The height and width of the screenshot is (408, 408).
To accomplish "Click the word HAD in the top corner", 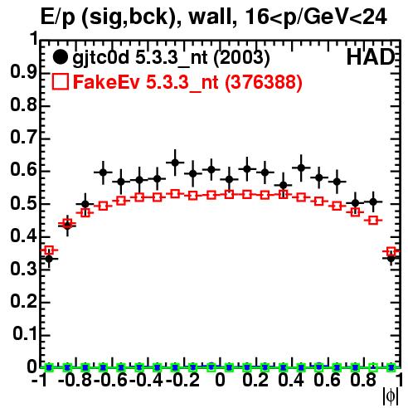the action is [x=371, y=57].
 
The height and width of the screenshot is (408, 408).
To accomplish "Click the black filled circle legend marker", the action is [x=60, y=57].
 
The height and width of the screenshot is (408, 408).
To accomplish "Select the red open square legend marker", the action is [x=60, y=82].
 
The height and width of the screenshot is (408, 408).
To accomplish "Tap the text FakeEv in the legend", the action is [x=106, y=82].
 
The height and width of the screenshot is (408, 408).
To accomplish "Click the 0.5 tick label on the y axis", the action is [x=23, y=204].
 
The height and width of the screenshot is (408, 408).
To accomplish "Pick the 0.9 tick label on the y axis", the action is [x=23, y=72].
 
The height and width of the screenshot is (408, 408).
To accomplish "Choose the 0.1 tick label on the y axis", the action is [x=25, y=335].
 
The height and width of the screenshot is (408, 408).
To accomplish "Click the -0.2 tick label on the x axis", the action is [x=182, y=380].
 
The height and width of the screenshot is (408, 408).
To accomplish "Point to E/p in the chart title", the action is [x=57, y=18].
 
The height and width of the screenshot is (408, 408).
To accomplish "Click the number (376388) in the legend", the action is [x=264, y=82].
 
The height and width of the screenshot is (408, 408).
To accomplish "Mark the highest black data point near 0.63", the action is [x=175, y=163].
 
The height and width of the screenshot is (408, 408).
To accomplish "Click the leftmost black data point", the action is [x=49, y=260].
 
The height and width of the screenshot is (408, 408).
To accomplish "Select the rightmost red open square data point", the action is [x=391, y=252].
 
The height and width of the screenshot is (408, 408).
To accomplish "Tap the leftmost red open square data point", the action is [x=49, y=250].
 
